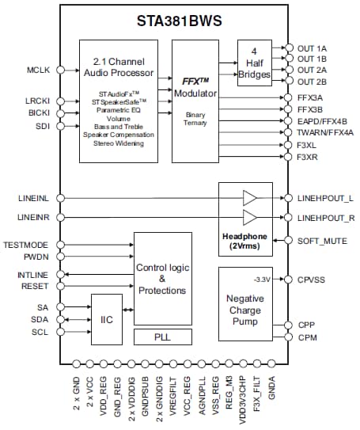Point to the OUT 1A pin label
pos(312,48)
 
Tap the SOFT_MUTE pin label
pos(320,239)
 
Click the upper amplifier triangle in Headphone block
pos(250,196)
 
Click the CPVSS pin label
pos(312,280)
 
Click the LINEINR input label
pos(31,215)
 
